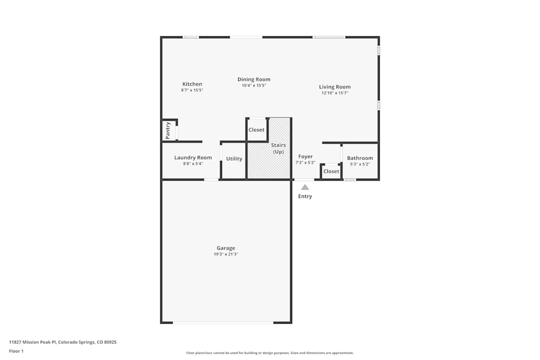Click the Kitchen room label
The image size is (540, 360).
192,84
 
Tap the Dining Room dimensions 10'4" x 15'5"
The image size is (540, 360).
254,85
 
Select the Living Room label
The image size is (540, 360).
335,87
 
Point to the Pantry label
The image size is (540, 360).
168,131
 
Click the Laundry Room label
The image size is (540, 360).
193,158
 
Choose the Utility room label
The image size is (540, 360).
234,159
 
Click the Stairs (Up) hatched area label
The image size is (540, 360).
278,148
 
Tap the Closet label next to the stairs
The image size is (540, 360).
256,130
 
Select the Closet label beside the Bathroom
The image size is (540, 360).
331,172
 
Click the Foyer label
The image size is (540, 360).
306,157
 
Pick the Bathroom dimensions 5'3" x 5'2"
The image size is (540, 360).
360,164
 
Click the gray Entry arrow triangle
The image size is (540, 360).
305,187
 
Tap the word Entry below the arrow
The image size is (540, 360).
305,196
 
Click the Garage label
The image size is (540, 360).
226,248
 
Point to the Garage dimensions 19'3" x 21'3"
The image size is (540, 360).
226,254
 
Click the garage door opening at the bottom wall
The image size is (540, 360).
223,322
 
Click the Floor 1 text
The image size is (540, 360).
16,351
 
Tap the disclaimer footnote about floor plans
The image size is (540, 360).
270,353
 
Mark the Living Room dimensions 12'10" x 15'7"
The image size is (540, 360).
335,93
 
